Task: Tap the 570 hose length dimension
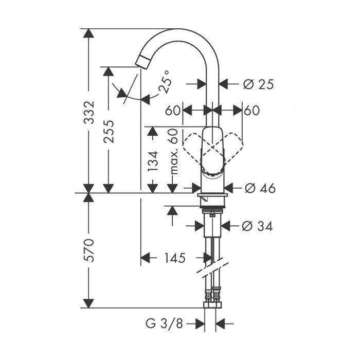tap(89, 250)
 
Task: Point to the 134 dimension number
tap(153, 161)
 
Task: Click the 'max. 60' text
tap(173, 152)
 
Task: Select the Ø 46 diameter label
tap(260, 189)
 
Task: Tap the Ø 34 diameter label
tap(257, 226)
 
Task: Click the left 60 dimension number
tap(173, 111)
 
